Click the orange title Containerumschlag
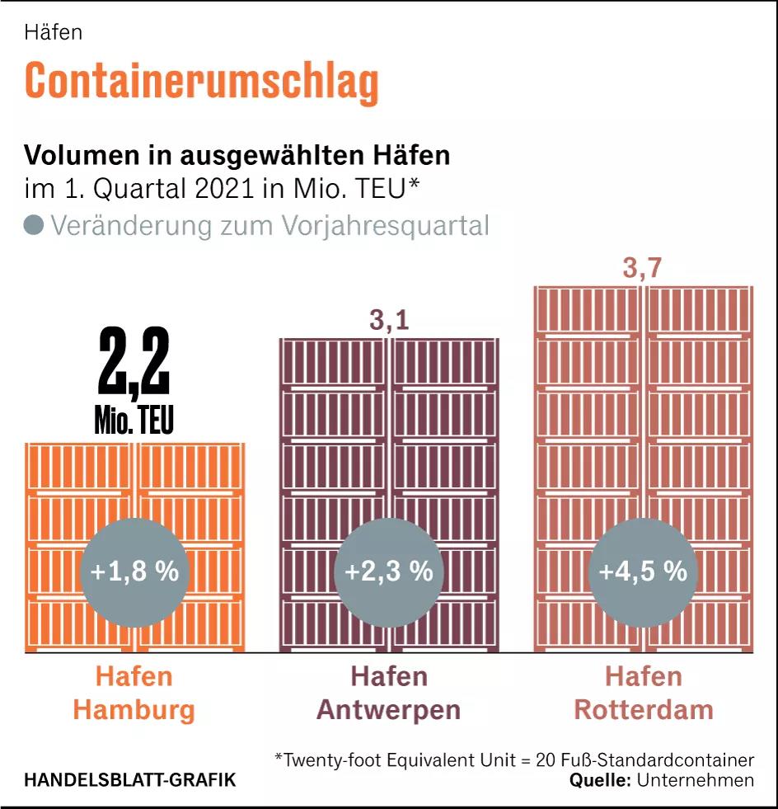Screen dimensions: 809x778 pyautogui.click(x=201, y=81)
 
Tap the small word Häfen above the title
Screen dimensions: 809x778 pyautogui.click(x=53, y=32)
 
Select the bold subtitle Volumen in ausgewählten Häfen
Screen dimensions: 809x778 pyautogui.click(x=237, y=154)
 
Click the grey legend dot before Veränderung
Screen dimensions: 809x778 pyautogui.click(x=34, y=225)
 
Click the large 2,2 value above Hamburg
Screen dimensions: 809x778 pyautogui.click(x=134, y=363)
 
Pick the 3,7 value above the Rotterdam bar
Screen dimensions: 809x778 pyautogui.click(x=643, y=269)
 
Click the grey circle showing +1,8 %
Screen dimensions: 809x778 pyautogui.click(x=134, y=571)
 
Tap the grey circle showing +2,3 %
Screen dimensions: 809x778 pyautogui.click(x=389, y=571)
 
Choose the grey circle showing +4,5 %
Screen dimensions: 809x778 pyautogui.click(x=643, y=571)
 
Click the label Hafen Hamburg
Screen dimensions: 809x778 pyautogui.click(x=134, y=693)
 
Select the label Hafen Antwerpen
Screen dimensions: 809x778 pyautogui.click(x=389, y=693)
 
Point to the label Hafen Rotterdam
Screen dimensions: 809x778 pyautogui.click(x=643, y=693)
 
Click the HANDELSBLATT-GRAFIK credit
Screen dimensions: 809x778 pyautogui.click(x=129, y=779)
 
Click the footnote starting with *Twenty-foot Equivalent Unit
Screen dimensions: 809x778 pyautogui.click(x=514, y=759)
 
